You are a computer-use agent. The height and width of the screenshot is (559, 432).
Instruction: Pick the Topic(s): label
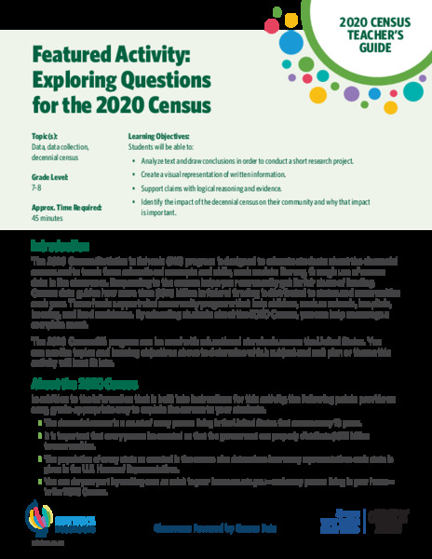(x=46, y=136)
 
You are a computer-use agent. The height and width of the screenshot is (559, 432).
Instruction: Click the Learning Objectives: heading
(x=159, y=136)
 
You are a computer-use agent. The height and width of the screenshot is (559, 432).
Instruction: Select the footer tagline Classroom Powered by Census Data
(x=216, y=527)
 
